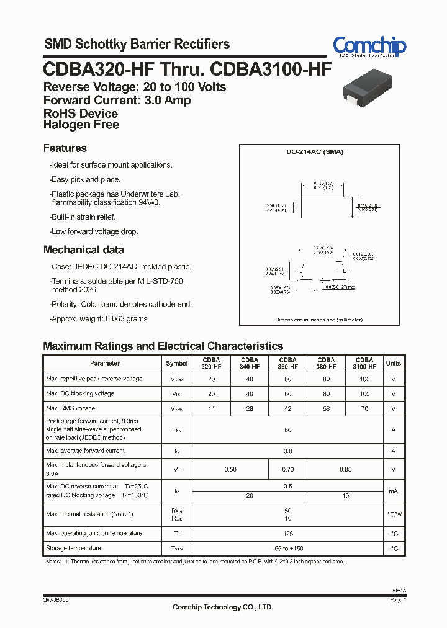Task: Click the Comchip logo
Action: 369,45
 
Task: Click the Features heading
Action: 65,148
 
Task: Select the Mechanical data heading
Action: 83,250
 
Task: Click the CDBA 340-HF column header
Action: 249,363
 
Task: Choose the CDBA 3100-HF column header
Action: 364,363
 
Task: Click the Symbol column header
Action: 177,364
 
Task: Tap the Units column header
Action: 393,364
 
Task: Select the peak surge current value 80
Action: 287,429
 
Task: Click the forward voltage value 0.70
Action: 287,470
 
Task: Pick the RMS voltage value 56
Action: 326,409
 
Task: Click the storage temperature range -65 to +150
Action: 287,549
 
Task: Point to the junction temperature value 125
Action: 287,534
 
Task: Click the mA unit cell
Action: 393,491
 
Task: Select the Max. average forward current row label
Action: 86,451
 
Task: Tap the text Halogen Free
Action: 81,125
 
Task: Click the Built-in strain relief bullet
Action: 82,217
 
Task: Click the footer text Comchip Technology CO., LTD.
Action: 222,607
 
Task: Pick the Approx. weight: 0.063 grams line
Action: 98,319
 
